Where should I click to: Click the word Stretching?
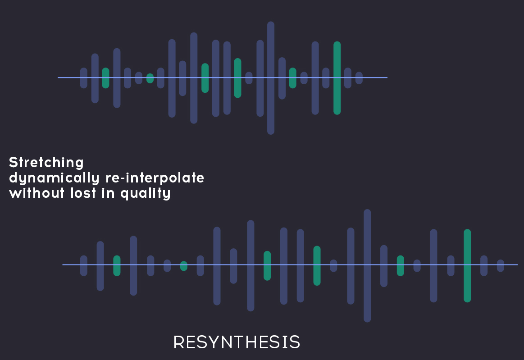tap(46, 163)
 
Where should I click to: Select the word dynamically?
tap(54, 178)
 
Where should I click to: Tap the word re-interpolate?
tap(155, 178)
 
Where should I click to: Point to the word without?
tap(37, 193)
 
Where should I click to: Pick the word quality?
tap(146, 194)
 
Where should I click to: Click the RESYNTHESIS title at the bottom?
tap(237, 342)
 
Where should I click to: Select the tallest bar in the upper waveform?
tap(271, 78)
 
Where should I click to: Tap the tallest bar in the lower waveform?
tap(367, 266)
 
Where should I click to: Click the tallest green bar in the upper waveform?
tap(337, 78)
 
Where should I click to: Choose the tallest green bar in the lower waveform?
tap(467, 266)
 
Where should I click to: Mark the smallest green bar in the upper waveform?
tap(150, 78)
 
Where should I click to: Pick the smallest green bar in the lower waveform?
tap(184, 266)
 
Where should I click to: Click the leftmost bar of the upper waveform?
tap(84, 78)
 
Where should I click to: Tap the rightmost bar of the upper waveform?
tap(359, 78)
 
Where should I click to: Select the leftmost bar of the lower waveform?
tap(84, 266)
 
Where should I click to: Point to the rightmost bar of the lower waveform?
tap(501, 266)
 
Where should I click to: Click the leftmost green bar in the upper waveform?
tap(105, 78)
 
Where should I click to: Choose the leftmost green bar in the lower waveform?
tap(117, 266)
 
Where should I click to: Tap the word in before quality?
tap(108, 193)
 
